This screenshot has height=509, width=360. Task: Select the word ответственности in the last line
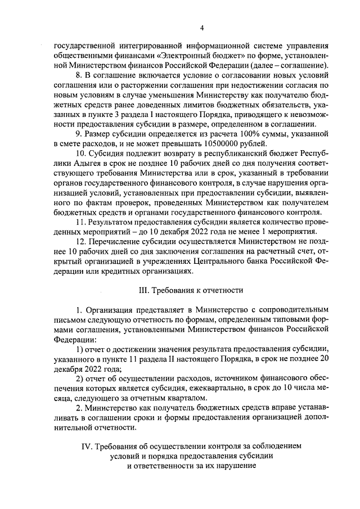(168, 466)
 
